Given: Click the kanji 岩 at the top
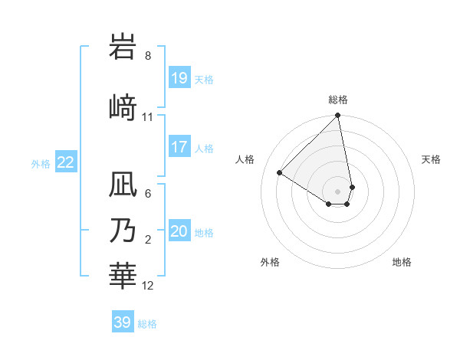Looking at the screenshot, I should (125, 47).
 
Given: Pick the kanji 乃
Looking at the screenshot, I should (125, 231).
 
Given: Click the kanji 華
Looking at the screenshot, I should (125, 275).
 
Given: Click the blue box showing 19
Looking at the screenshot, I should (179, 78).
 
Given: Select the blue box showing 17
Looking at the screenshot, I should (179, 147).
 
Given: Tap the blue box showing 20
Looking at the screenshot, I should (179, 231).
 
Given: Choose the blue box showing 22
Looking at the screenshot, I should (66, 162).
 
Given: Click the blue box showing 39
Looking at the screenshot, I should (123, 322).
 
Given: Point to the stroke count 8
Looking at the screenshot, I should (148, 56).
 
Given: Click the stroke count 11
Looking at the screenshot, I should (148, 117).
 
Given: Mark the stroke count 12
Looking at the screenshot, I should (148, 286).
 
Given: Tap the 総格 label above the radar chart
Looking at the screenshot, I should (338, 100).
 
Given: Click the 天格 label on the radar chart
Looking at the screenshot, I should (431, 159).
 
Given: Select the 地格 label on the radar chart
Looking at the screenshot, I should (402, 262).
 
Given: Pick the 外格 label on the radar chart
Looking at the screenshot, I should (270, 262).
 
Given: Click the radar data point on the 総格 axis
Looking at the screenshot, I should (338, 116).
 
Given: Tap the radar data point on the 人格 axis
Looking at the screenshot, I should (280, 173).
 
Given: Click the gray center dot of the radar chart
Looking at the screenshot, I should (338, 191).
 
